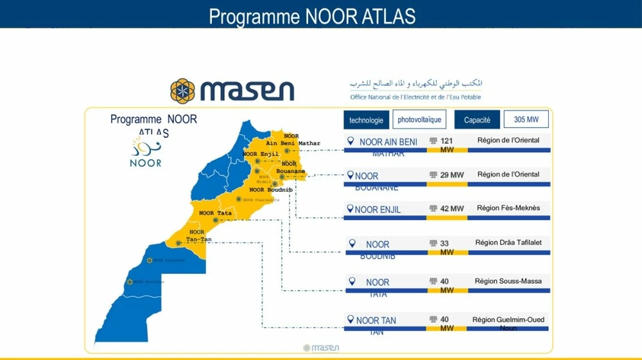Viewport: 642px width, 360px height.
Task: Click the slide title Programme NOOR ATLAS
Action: point(312,15)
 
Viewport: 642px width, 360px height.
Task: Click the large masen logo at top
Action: point(232,90)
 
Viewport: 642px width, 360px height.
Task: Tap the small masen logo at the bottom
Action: point(321,348)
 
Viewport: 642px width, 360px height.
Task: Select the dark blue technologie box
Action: point(366,120)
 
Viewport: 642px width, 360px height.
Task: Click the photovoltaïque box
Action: point(419,119)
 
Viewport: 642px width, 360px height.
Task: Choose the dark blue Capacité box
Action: point(477,120)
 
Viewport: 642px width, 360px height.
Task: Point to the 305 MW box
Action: point(526,119)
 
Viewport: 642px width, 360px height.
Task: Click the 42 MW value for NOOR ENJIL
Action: point(453,209)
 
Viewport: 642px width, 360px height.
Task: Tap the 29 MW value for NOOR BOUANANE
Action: point(453,175)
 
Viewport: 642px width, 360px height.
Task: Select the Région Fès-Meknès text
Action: point(508,208)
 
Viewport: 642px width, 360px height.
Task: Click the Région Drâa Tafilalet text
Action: point(508,243)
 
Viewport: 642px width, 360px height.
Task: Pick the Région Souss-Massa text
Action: point(508,281)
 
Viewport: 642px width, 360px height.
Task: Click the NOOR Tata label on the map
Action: point(215,213)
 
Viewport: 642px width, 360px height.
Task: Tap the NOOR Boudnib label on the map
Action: point(270,190)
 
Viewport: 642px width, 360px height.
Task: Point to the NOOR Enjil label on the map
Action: point(261,154)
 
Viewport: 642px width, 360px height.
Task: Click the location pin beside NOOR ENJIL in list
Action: point(350,209)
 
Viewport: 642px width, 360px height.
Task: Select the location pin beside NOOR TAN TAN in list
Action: point(351,320)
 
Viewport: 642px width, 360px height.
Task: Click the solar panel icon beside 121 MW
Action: point(433,141)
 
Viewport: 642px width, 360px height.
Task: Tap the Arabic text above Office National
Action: point(416,84)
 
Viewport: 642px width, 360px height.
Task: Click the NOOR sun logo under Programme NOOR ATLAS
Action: point(145,153)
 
